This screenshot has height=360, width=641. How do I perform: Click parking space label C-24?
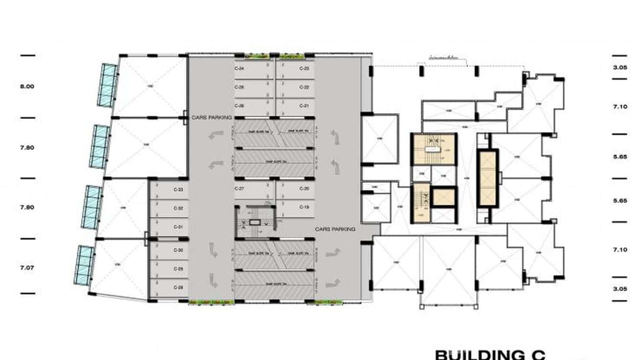point(239,69)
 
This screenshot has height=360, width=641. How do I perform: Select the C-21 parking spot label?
point(304,106)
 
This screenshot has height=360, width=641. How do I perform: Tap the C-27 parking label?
point(239,189)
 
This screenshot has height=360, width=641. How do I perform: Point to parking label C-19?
point(304,207)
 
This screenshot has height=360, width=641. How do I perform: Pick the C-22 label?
point(304,87)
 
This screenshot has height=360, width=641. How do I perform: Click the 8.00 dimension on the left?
point(27,86)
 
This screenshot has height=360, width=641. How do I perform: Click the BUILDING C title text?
point(490,355)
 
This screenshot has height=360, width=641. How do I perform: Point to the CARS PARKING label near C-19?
point(335,230)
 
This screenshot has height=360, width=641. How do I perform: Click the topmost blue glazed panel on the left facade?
point(108,85)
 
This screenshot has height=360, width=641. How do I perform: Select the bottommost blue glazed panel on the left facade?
point(84,265)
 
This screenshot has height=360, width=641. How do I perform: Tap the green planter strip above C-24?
point(257,57)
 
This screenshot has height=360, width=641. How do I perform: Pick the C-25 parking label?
point(239,87)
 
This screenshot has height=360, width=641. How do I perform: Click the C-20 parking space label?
point(304,189)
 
